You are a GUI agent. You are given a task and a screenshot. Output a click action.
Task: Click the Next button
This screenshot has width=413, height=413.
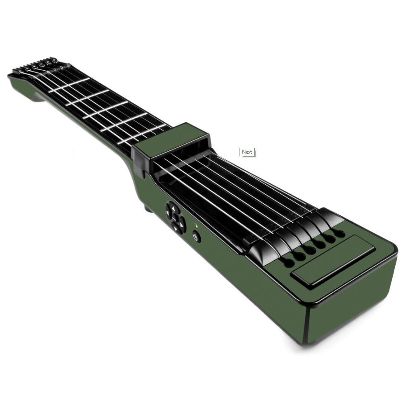point(247,152)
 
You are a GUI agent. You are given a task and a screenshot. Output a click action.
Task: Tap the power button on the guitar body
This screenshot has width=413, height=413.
point(195,237)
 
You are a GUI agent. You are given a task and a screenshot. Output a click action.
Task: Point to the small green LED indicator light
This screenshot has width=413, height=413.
point(195,226)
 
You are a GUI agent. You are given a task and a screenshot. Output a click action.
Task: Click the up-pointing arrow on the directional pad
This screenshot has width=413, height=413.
point(173,209)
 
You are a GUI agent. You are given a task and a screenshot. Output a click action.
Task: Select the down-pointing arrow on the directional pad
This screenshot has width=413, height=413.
point(176,228)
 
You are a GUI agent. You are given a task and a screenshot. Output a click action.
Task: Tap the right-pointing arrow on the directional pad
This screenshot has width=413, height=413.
point(181,225)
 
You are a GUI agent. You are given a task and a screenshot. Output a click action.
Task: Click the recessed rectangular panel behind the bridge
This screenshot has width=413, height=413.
point(332,261)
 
